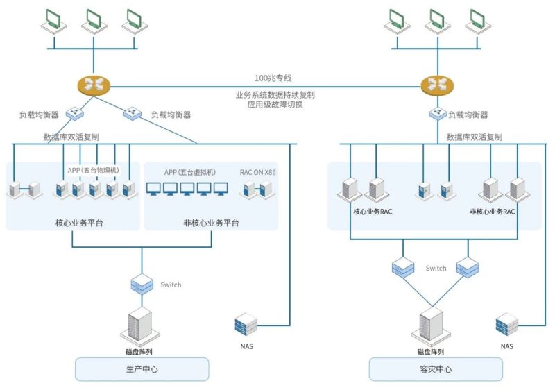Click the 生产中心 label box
[142, 369]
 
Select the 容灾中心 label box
[436, 369]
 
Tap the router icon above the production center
[94, 85]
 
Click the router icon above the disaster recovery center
[437, 85]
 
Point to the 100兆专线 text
[273, 78]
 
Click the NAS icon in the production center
[246, 324]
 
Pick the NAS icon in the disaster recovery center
[507, 324]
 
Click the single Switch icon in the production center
[142, 285]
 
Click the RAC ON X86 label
[257, 172]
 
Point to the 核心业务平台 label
[79, 223]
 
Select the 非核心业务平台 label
[211, 223]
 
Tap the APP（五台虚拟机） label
[190, 172]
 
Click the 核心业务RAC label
[373, 212]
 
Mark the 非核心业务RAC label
[493, 212]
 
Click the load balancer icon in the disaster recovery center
[438, 114]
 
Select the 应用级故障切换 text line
[275, 104]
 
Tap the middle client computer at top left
[94, 22]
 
